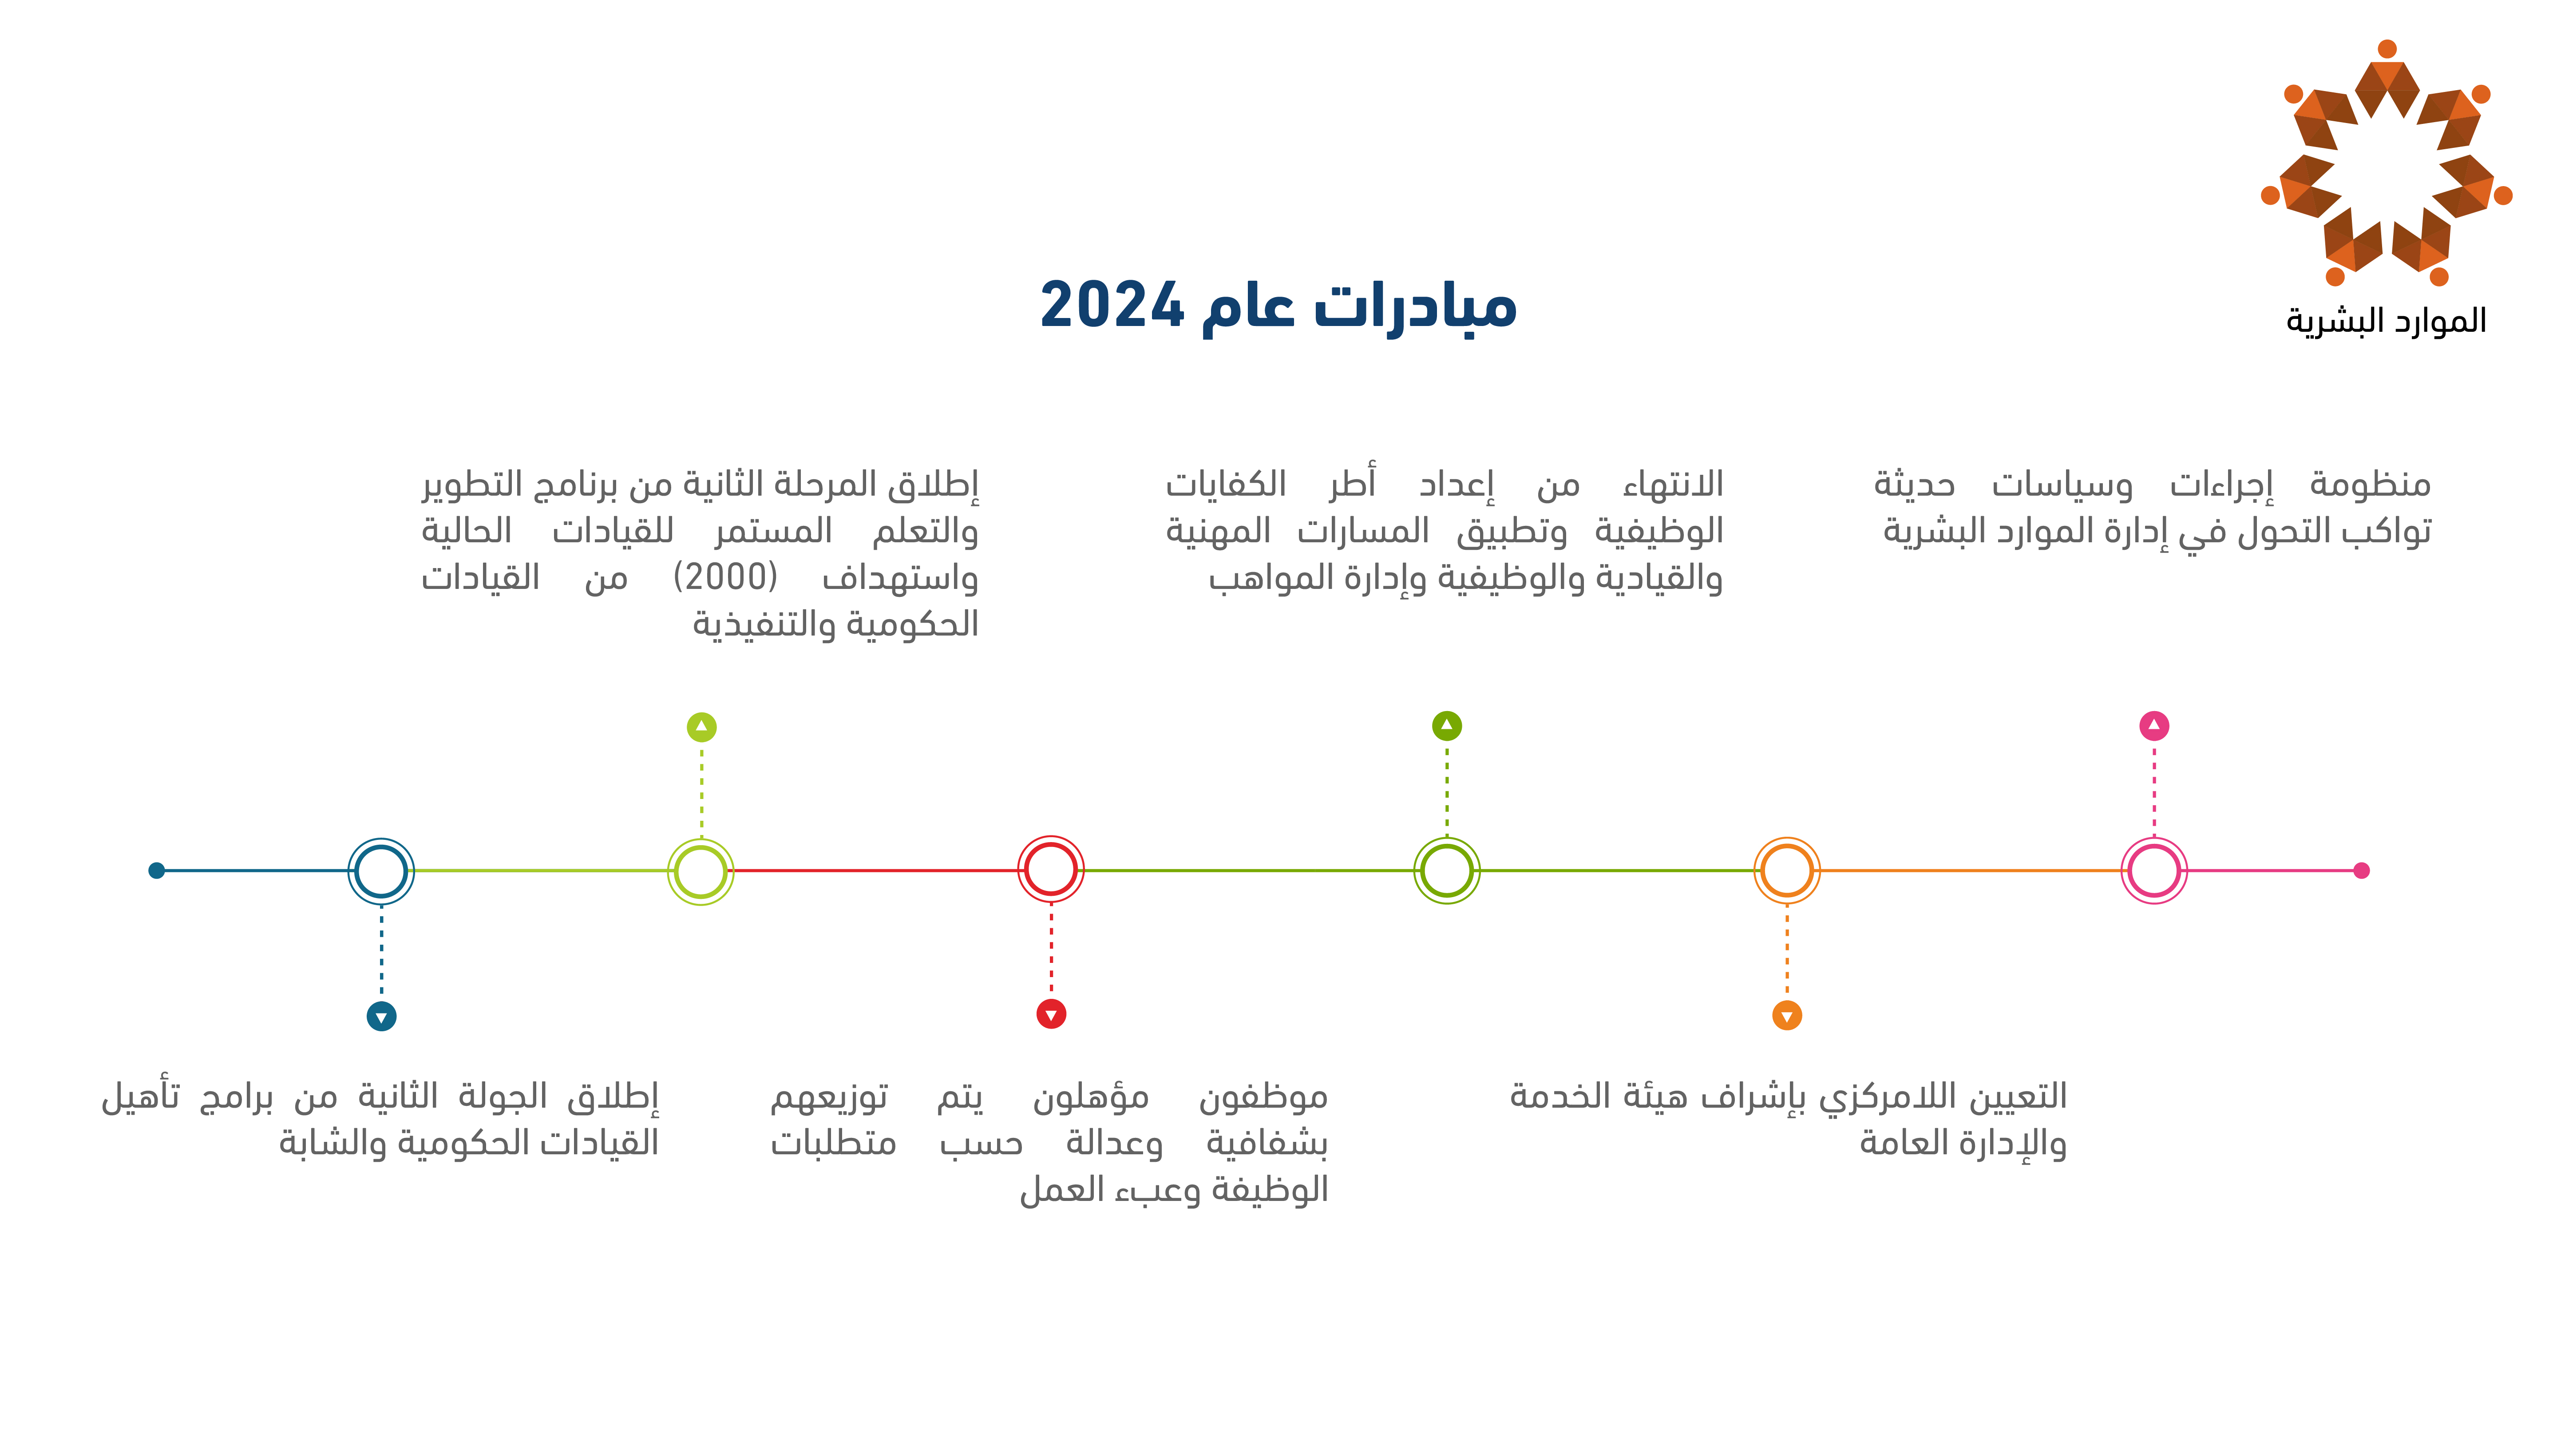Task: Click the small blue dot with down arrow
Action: (x=381, y=1016)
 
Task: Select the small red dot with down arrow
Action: (x=1051, y=1014)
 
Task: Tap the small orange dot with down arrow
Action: (x=1787, y=1015)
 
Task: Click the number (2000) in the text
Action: (x=726, y=577)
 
